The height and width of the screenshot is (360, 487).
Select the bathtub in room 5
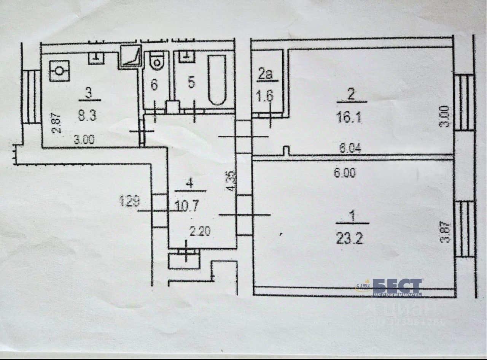click(x=217, y=80)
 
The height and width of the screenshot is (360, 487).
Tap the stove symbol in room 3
click(x=59, y=70)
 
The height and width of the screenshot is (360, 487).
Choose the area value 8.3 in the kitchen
click(x=87, y=115)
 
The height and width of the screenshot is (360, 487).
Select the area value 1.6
click(x=266, y=96)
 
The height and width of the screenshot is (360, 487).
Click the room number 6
click(x=154, y=85)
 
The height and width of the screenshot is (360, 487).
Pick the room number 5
click(x=191, y=82)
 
